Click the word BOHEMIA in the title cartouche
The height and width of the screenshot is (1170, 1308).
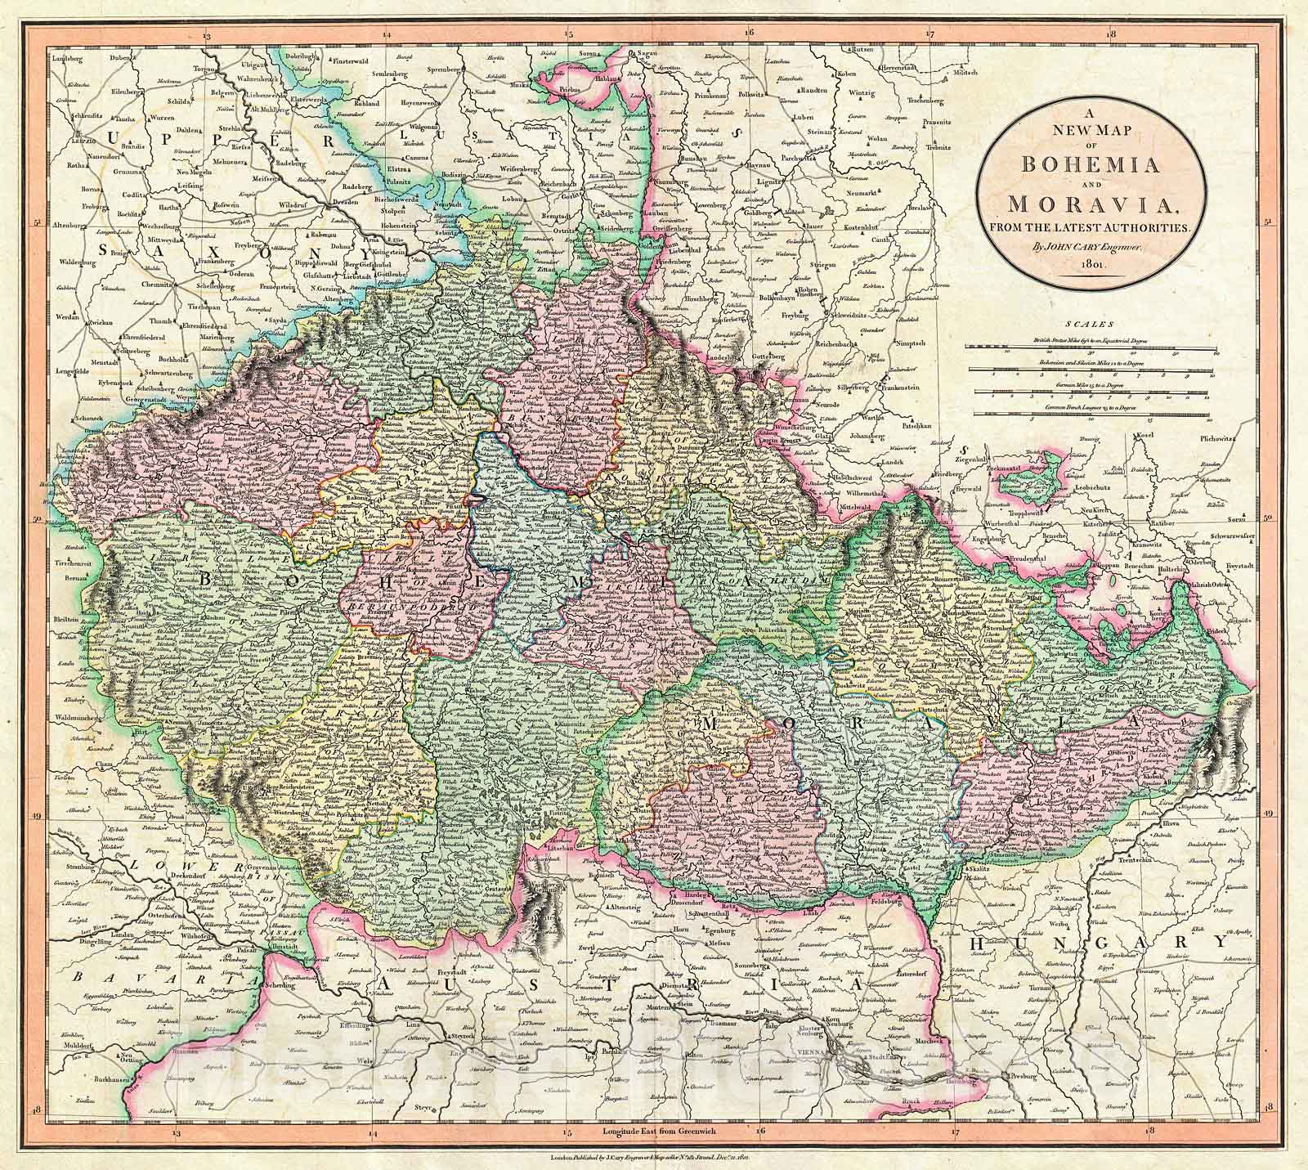click(x=1086, y=163)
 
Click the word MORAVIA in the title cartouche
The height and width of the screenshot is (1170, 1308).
click(x=1086, y=201)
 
